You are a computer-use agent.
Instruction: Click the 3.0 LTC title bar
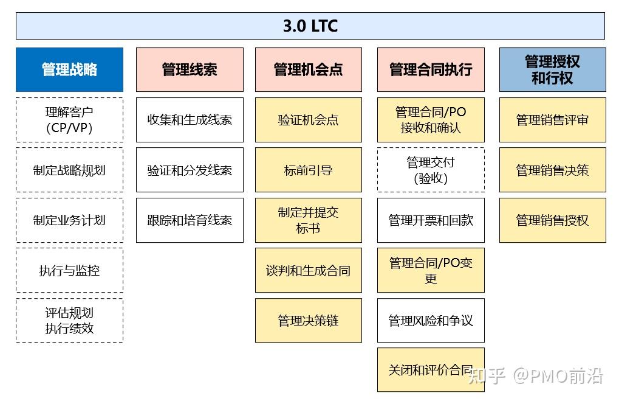tap(310, 26)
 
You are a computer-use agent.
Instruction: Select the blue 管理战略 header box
tap(69, 69)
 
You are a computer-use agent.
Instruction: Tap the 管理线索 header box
tap(190, 69)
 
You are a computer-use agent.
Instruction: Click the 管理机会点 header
tap(308, 69)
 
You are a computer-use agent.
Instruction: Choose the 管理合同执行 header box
tap(431, 69)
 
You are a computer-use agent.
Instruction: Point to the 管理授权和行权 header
tap(552, 69)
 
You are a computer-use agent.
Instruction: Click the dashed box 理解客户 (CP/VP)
tap(69, 120)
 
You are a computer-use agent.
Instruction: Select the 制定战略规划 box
tap(69, 170)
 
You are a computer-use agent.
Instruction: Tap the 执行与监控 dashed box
tap(69, 270)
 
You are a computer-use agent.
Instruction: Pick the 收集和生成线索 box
tap(190, 120)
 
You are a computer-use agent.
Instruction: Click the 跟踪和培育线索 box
tap(190, 220)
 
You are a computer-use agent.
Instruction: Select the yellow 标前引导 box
tap(308, 170)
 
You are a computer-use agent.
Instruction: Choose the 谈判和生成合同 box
tap(308, 270)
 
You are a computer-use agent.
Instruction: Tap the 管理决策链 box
tap(308, 320)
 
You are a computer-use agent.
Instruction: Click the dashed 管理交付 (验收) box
tap(431, 170)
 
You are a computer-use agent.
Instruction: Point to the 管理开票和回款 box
tap(431, 220)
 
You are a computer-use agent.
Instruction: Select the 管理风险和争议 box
tap(431, 320)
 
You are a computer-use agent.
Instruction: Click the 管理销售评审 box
tap(552, 120)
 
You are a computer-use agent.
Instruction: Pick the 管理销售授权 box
tap(552, 220)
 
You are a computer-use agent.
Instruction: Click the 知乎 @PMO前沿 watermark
tap(537, 376)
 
